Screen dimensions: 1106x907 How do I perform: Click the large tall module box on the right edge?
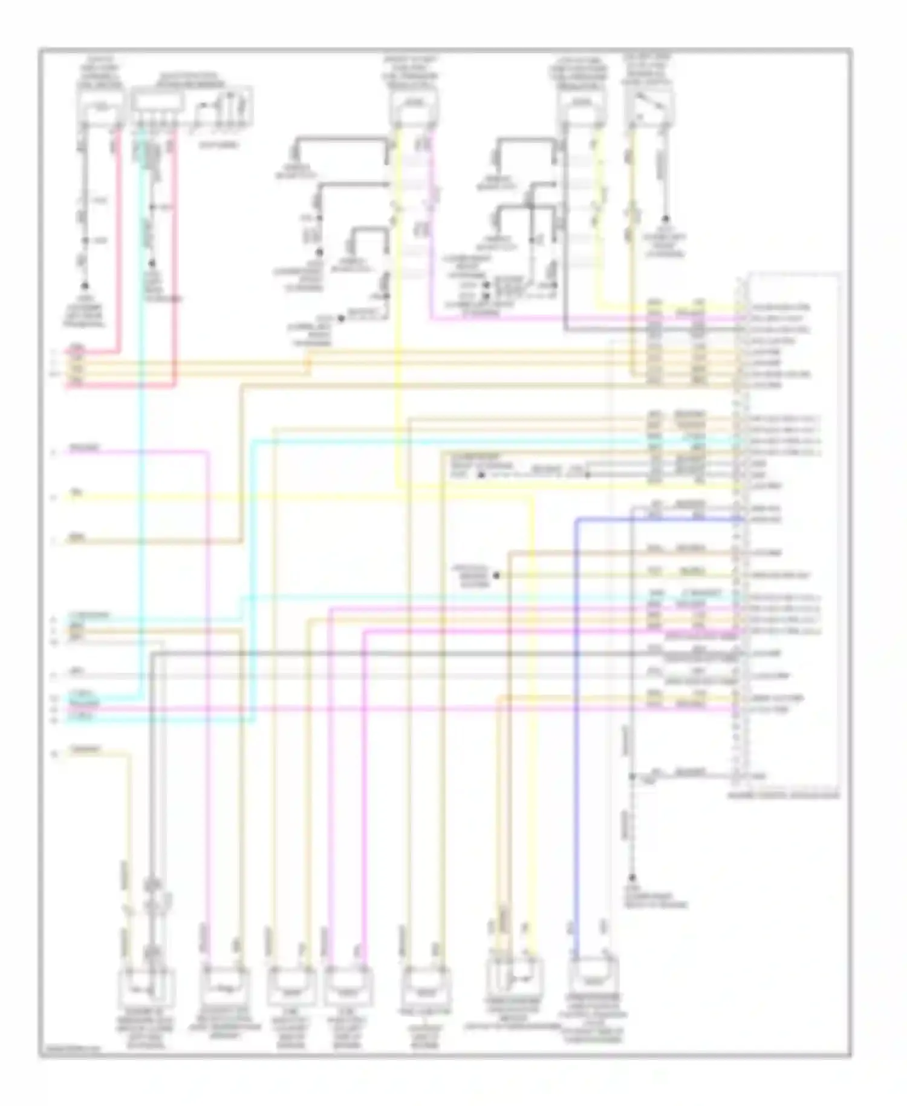[x=793, y=532]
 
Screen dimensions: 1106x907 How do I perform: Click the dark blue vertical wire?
[x=577, y=726]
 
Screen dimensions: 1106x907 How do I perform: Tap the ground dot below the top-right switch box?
[x=666, y=218]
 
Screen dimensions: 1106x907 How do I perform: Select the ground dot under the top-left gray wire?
[x=85, y=286]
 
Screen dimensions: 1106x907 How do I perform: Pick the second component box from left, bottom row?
[x=225, y=985]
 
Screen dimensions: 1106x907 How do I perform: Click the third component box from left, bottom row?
[x=292, y=985]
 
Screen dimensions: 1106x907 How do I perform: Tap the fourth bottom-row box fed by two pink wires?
[x=348, y=985]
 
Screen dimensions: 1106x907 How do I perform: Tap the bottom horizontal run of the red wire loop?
[x=121, y=385]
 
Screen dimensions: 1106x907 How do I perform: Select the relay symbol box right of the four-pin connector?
[x=223, y=109]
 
